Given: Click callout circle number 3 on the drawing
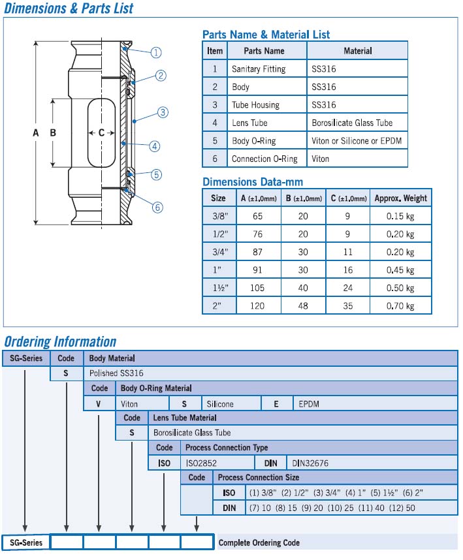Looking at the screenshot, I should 163,112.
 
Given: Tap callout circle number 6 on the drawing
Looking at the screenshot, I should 157,208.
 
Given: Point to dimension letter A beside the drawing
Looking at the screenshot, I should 36,133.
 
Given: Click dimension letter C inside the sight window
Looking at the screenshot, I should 101,132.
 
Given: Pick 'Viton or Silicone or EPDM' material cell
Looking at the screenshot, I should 356,141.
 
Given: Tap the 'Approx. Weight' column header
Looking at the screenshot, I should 400,198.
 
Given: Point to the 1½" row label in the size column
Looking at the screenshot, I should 218,288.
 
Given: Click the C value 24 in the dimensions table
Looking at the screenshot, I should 349,288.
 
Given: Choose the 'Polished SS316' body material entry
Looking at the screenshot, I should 116,373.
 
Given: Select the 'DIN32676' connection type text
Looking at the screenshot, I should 311,463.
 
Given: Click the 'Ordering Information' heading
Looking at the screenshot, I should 60,341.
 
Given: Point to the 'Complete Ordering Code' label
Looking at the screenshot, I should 259,542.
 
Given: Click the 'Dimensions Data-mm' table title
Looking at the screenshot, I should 253,182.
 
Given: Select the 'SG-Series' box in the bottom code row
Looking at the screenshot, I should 26,542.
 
